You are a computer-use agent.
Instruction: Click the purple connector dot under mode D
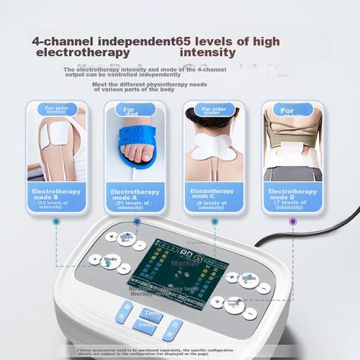click(292, 221)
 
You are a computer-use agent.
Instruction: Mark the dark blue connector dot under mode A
click(137, 222)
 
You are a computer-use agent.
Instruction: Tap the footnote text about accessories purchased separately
click(180, 351)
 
